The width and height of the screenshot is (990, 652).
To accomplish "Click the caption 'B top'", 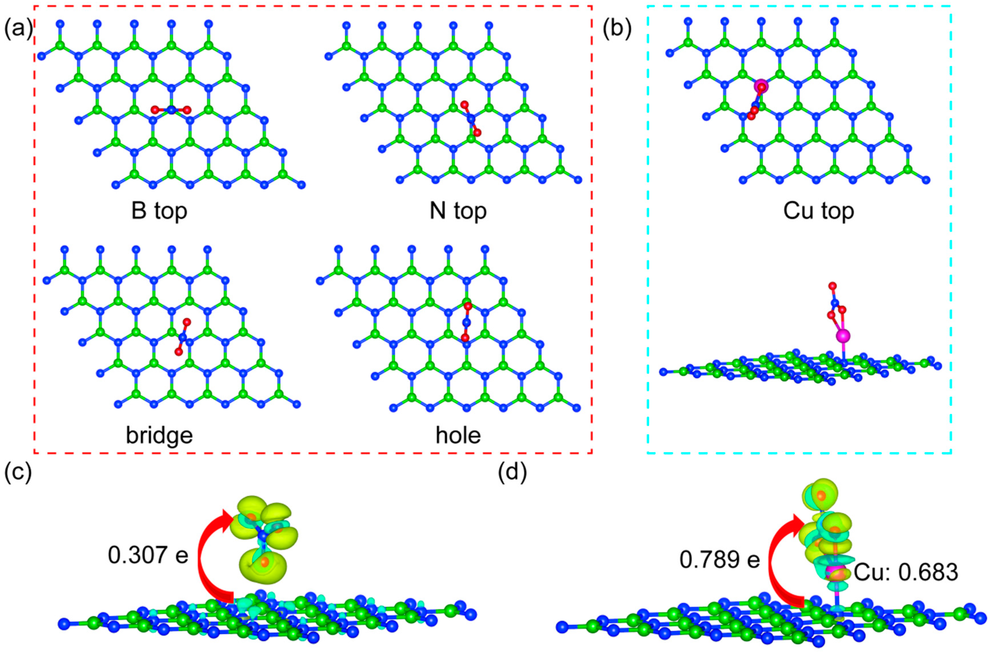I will pos(159,211).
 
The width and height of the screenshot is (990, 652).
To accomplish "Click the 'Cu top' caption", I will pos(819,211).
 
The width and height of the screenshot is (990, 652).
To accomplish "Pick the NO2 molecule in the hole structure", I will pos(466,322).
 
